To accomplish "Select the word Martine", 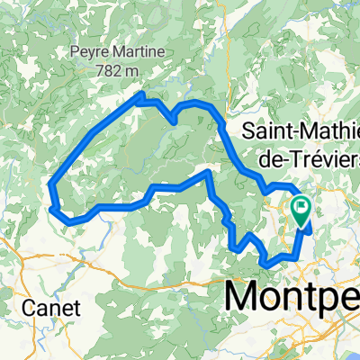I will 137,52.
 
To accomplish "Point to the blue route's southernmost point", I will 266,263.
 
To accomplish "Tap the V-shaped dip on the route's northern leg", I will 173,119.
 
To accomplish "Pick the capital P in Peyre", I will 74,52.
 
